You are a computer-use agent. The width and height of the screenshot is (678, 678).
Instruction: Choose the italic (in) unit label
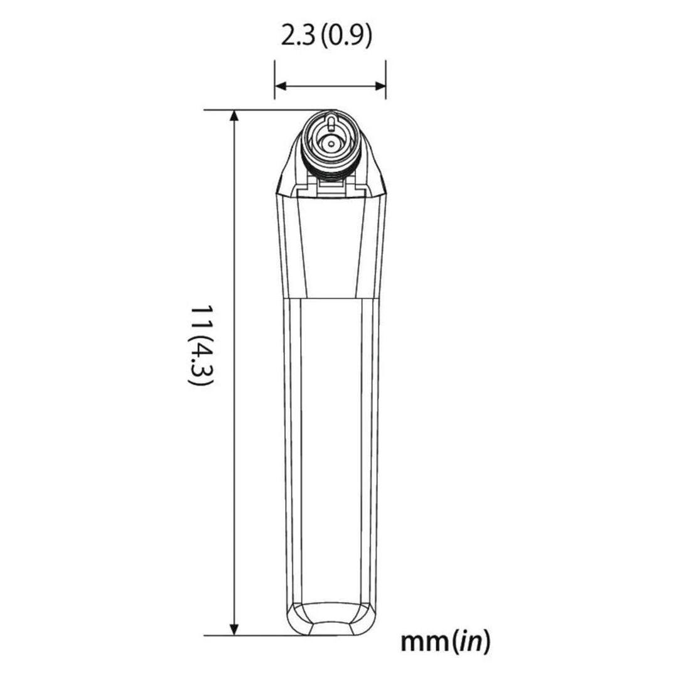coord(467,642)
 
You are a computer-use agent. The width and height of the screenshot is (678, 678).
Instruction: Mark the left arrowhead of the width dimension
coord(280,86)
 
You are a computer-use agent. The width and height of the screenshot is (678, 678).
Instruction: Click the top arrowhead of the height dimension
coord(234,116)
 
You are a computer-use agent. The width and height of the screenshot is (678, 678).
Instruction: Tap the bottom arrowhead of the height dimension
coord(234,629)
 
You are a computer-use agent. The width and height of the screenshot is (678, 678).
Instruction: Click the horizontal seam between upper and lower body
coord(330,298)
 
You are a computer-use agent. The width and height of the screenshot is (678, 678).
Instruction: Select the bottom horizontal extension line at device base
coord(251,635)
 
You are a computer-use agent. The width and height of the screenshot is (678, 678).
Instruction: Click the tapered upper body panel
coord(330,245)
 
